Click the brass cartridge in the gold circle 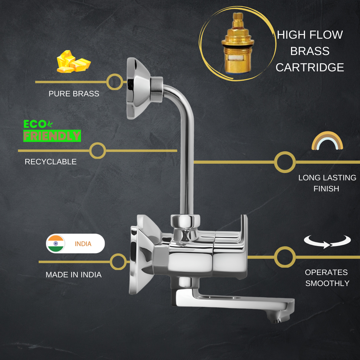(x=238, y=43)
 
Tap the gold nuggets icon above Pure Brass (x=74, y=62)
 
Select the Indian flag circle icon (x=56, y=243)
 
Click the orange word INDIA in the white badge (x=83, y=244)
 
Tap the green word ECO (x=35, y=124)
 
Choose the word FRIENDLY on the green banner (x=52, y=136)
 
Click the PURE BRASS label (x=74, y=94)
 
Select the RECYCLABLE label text (x=51, y=162)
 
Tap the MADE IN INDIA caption (x=73, y=275)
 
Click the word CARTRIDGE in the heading (x=310, y=67)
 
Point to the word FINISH (x=326, y=188)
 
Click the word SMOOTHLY (x=327, y=283)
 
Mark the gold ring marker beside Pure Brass (x=115, y=82)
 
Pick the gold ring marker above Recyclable (x=98, y=151)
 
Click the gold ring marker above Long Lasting (x=285, y=162)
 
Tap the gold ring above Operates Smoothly (x=285, y=257)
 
